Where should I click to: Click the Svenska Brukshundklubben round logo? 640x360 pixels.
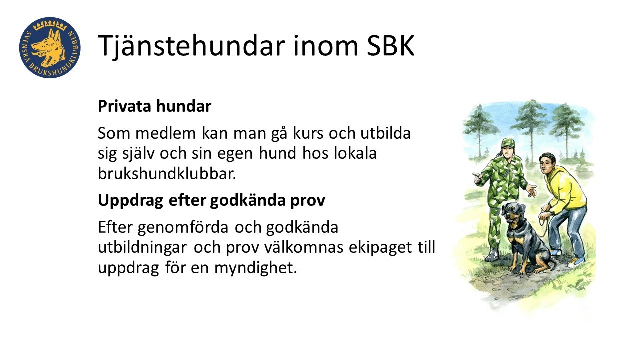(50, 47)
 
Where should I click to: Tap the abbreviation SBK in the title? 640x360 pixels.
(390, 46)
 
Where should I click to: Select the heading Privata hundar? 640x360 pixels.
(154, 106)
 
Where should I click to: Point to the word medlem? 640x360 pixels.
(165, 133)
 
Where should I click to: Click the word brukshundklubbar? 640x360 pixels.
(167, 173)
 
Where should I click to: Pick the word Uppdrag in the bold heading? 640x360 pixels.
(130, 201)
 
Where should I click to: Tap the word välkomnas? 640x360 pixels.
(303, 247)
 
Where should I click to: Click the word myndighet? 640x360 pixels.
(256, 268)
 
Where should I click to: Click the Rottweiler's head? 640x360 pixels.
(513, 213)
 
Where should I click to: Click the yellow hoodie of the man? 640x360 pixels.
(564, 191)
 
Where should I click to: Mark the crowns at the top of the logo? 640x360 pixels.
(50, 25)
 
